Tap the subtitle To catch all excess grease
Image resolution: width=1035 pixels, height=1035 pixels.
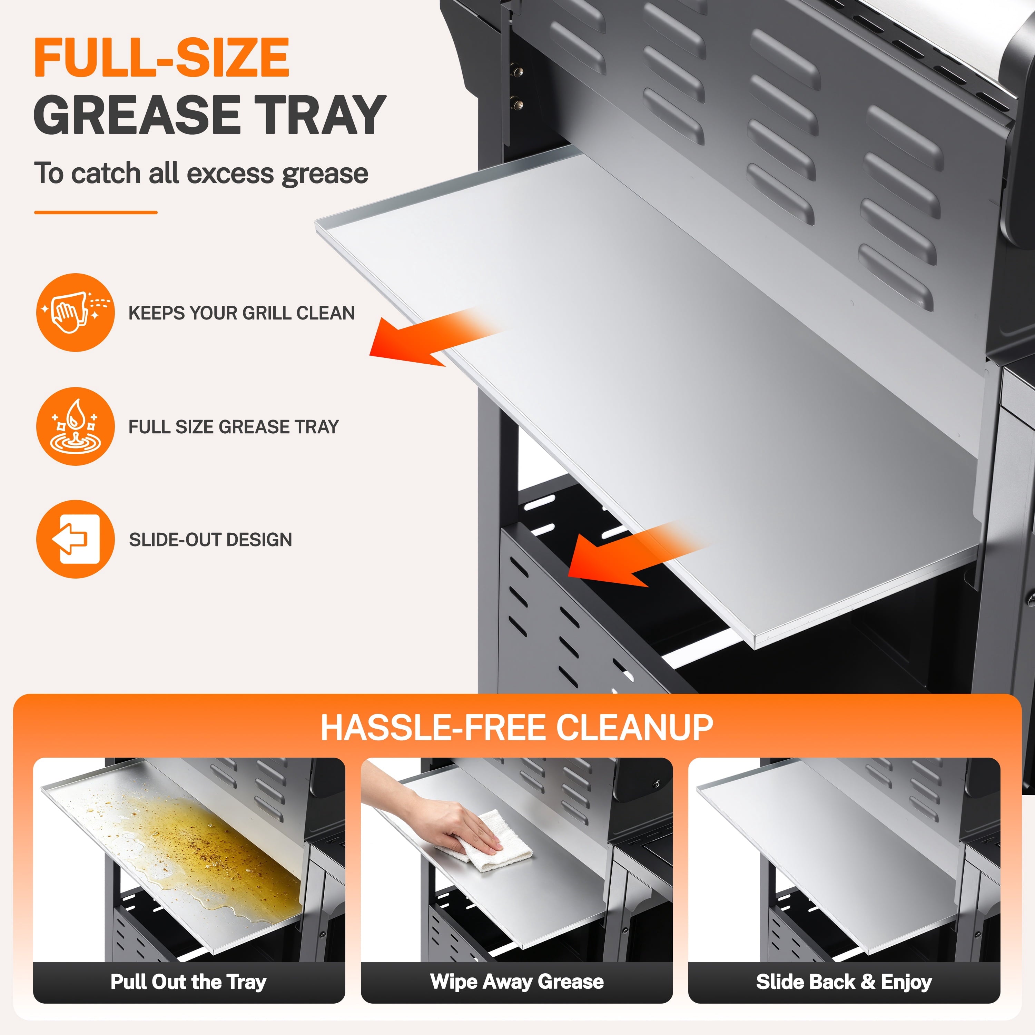tap(201, 174)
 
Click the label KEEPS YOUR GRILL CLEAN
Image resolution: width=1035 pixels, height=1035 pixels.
tap(241, 313)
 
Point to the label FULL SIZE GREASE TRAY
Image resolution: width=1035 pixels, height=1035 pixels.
tap(234, 427)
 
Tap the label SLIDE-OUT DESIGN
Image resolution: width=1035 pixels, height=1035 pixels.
tap(210, 540)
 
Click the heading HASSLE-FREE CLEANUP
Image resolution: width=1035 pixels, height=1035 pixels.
tap(517, 728)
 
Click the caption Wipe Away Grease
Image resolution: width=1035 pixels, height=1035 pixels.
tap(517, 982)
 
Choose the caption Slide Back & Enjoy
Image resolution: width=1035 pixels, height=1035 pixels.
tap(844, 982)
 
